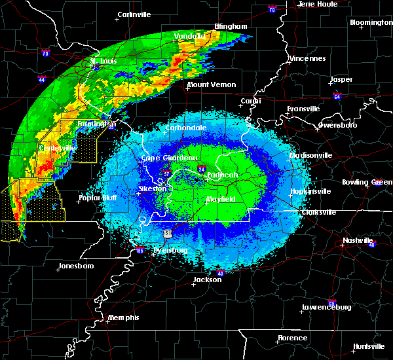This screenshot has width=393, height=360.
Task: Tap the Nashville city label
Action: click(x=358, y=240)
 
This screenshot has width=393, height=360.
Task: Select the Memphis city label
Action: click(x=124, y=317)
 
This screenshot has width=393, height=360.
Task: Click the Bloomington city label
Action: click(x=371, y=22)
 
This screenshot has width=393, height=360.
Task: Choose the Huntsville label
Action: click(x=369, y=346)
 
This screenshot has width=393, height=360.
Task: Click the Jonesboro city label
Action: click(x=76, y=266)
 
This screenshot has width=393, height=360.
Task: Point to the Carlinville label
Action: click(x=135, y=14)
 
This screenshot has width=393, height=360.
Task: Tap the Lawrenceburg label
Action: click(x=327, y=307)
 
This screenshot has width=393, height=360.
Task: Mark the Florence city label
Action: click(x=292, y=338)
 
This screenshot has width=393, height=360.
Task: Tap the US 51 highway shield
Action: click(x=168, y=233)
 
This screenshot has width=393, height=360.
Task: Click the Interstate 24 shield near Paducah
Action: click(x=201, y=169)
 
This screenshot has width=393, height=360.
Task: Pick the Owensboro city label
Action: click(x=337, y=124)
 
